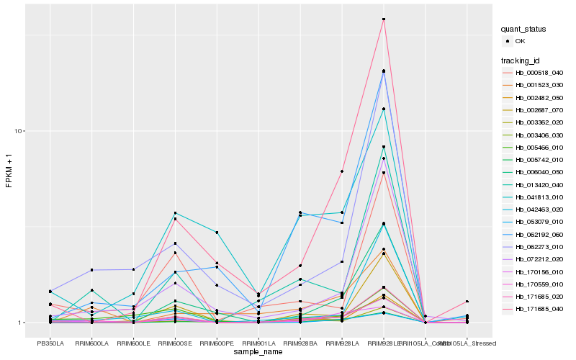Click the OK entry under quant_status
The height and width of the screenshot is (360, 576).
519,42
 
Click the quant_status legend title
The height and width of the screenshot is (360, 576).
523,29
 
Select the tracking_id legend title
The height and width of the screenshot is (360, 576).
523,60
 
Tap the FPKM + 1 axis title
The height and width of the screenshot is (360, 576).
9,171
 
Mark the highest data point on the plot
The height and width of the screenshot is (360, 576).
384,19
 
